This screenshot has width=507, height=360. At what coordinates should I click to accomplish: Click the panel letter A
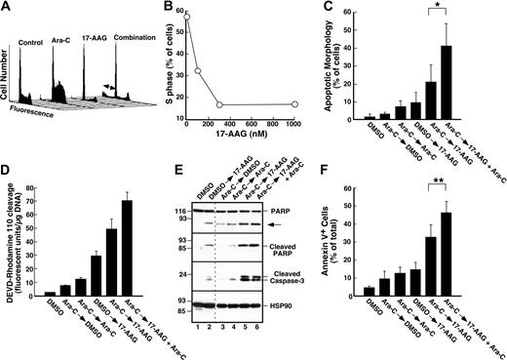point(7,8)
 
